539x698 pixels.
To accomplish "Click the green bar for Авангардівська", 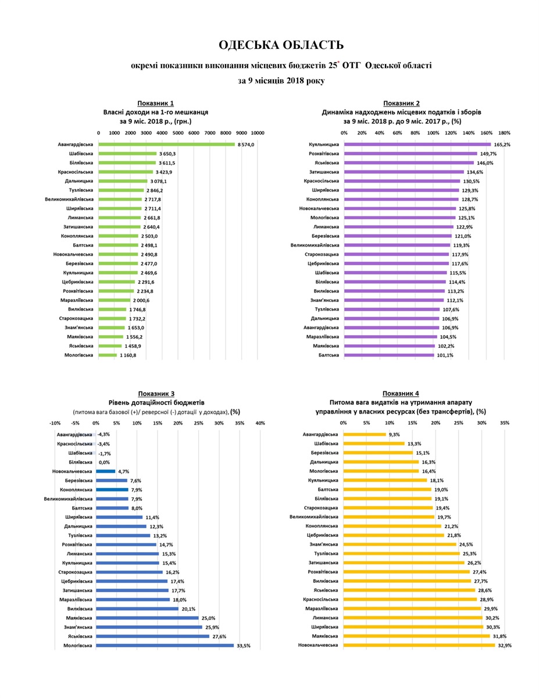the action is tap(167, 145).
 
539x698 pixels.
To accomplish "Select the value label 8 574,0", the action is tap(246, 145).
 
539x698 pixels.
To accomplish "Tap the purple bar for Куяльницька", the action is tap(417, 145).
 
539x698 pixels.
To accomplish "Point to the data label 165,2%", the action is tap(502, 145).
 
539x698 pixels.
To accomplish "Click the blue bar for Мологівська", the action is tap(165, 645).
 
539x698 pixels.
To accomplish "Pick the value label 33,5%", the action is tap(244, 646).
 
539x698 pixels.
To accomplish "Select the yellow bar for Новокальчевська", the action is tap(419, 645).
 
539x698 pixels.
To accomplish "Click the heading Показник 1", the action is tap(156, 104).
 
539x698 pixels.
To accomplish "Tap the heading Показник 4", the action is tap(401, 393).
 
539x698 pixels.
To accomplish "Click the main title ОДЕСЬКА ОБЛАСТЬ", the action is tap(281, 45).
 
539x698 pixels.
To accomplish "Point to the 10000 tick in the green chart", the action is tap(258, 133).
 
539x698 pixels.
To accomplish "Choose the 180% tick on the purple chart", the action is tap(504, 133).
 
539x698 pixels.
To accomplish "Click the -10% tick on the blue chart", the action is tap(55, 423).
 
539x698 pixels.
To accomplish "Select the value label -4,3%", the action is tap(103, 435).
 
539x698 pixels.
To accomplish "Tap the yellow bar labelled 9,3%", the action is tap(365, 435).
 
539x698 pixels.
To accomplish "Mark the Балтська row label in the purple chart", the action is tap(329, 355).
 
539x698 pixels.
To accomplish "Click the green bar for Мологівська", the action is tap(108, 355).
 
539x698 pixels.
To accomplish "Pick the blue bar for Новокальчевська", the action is tap(106, 471).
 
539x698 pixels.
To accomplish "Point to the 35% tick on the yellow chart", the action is tap(505, 423).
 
